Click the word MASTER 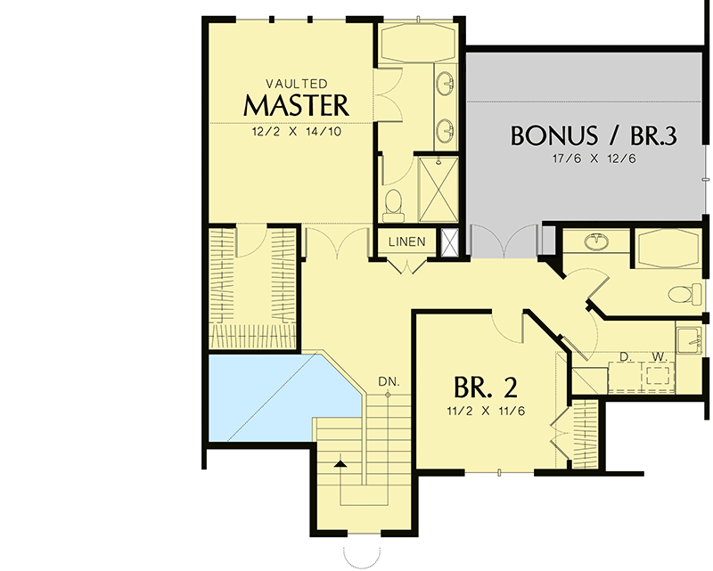pos(296,105)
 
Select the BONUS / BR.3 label pos(594,136)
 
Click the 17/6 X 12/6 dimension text pos(594,160)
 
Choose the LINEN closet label pos(406,242)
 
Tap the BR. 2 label pos(486,387)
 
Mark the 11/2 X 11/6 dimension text pos(486,412)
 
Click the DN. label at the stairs pos(388,381)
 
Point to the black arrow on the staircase pos(340,462)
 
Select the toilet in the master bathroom pos(393,206)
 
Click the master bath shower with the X pos(438,188)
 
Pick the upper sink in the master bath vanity pos(447,86)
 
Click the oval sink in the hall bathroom pos(595,241)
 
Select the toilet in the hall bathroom pos(682,293)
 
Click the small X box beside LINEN pos(449,241)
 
